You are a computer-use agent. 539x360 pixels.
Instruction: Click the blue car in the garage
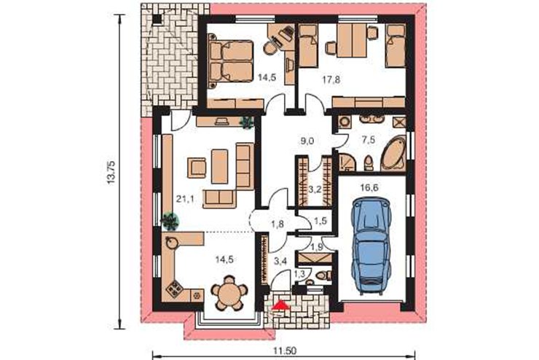371,246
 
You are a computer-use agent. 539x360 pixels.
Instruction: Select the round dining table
229,293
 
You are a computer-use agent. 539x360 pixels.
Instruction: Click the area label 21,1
185,199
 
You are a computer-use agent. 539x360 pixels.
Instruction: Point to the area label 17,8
331,80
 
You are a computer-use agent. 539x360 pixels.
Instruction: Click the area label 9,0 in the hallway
306,141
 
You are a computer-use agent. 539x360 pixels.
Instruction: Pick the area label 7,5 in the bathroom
368,140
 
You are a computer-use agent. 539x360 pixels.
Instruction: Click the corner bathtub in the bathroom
393,154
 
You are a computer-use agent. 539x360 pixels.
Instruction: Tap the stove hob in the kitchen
175,289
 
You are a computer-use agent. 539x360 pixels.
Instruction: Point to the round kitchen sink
171,243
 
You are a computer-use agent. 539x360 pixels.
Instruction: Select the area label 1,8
278,224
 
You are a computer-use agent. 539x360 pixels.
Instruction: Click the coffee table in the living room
220,166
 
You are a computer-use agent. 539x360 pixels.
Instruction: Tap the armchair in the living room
197,168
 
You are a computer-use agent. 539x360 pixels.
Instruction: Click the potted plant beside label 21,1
170,221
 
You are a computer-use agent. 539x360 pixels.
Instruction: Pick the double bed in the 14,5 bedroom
231,61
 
